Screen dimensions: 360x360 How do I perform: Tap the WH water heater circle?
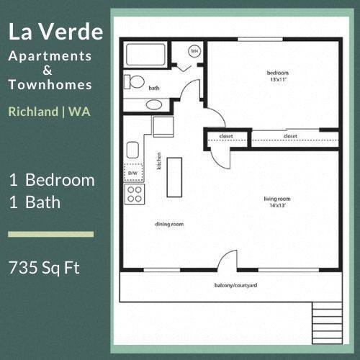coord(194,51)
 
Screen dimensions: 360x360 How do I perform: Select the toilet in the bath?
coord(133,81)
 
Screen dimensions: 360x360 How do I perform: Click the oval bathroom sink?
coord(153,104)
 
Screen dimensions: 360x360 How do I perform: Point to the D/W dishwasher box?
coord(132,174)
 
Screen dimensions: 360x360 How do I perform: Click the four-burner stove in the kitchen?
coord(133,193)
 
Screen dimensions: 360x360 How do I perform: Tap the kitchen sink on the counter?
coord(132,150)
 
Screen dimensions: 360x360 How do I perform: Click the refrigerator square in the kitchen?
coord(161,126)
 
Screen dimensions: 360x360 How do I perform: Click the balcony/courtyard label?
coord(235,287)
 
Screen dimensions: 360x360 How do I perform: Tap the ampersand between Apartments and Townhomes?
coord(48,70)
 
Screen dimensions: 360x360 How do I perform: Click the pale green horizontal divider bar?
coord(50,234)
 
